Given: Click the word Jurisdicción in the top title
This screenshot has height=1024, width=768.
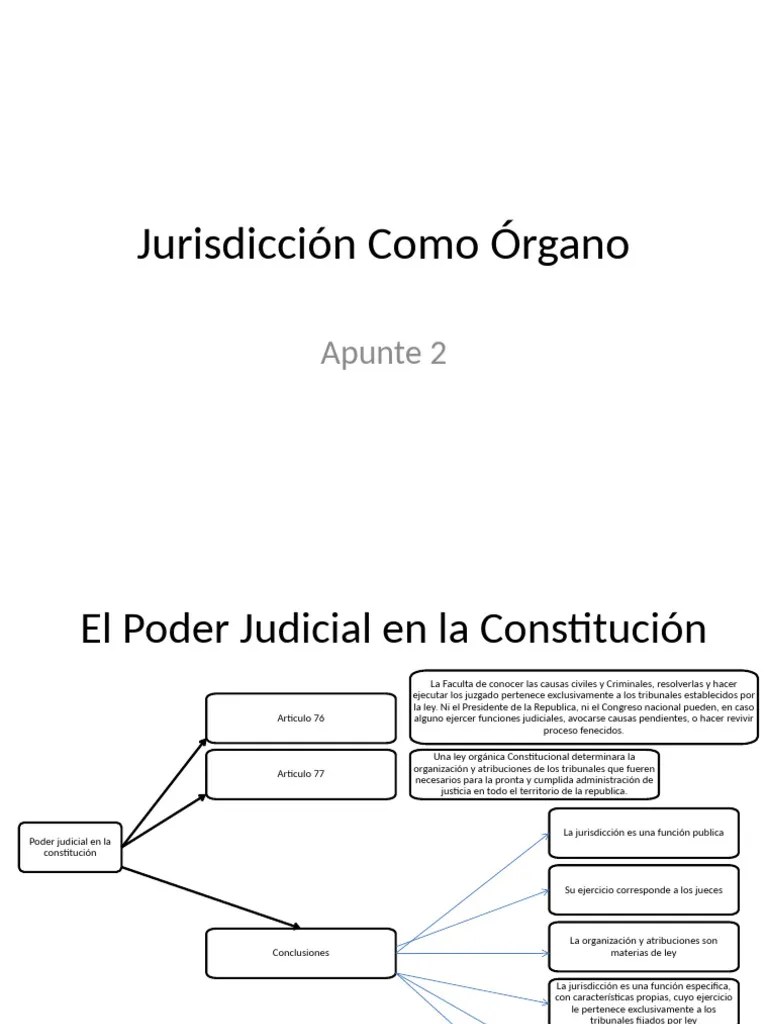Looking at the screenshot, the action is (246, 245).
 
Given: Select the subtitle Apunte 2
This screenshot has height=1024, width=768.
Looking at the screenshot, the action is (383, 353).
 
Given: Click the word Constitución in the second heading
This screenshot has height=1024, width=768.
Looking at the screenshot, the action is (593, 629).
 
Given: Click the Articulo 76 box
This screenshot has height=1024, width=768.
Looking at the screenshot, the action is (301, 718).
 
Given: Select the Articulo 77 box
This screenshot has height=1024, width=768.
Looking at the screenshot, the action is (301, 774).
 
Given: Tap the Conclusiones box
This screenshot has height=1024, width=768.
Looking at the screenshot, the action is (301, 953).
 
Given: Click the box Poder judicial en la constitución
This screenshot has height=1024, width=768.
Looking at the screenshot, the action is (70, 847).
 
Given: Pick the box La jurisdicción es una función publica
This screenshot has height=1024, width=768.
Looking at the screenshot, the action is (643, 832).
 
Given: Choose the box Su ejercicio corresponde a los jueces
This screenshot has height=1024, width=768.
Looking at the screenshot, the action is (643, 890).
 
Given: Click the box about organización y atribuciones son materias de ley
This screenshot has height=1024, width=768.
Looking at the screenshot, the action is (643, 947).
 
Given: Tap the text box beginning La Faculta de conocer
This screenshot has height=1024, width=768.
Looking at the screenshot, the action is (584, 707).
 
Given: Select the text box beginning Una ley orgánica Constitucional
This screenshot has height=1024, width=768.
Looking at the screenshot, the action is (535, 774).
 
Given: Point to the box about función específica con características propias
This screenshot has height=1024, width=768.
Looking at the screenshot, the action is (643, 1001).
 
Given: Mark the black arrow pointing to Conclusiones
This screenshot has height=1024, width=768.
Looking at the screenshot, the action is (210, 897).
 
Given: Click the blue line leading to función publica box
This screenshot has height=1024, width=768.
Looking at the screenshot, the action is (472, 890).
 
